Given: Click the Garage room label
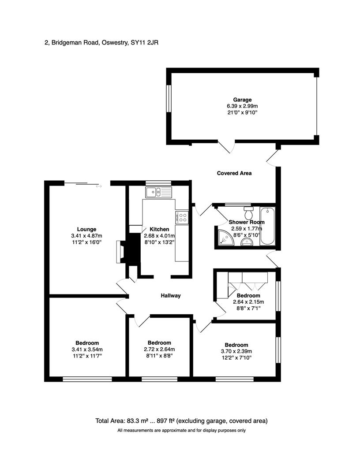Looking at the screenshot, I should [x=242, y=100].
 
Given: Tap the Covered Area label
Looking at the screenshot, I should [x=234, y=173].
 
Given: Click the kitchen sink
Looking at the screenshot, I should [x=154, y=192].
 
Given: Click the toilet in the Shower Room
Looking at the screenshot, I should [x=248, y=213].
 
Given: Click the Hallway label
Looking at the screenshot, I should [x=170, y=296].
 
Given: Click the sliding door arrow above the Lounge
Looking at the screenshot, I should [x=98, y=186].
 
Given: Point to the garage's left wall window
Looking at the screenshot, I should [x=169, y=98].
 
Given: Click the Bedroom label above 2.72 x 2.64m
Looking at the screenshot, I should [x=159, y=343].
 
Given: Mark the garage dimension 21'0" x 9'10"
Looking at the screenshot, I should [x=242, y=113].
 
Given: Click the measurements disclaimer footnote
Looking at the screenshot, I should [x=181, y=431].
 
